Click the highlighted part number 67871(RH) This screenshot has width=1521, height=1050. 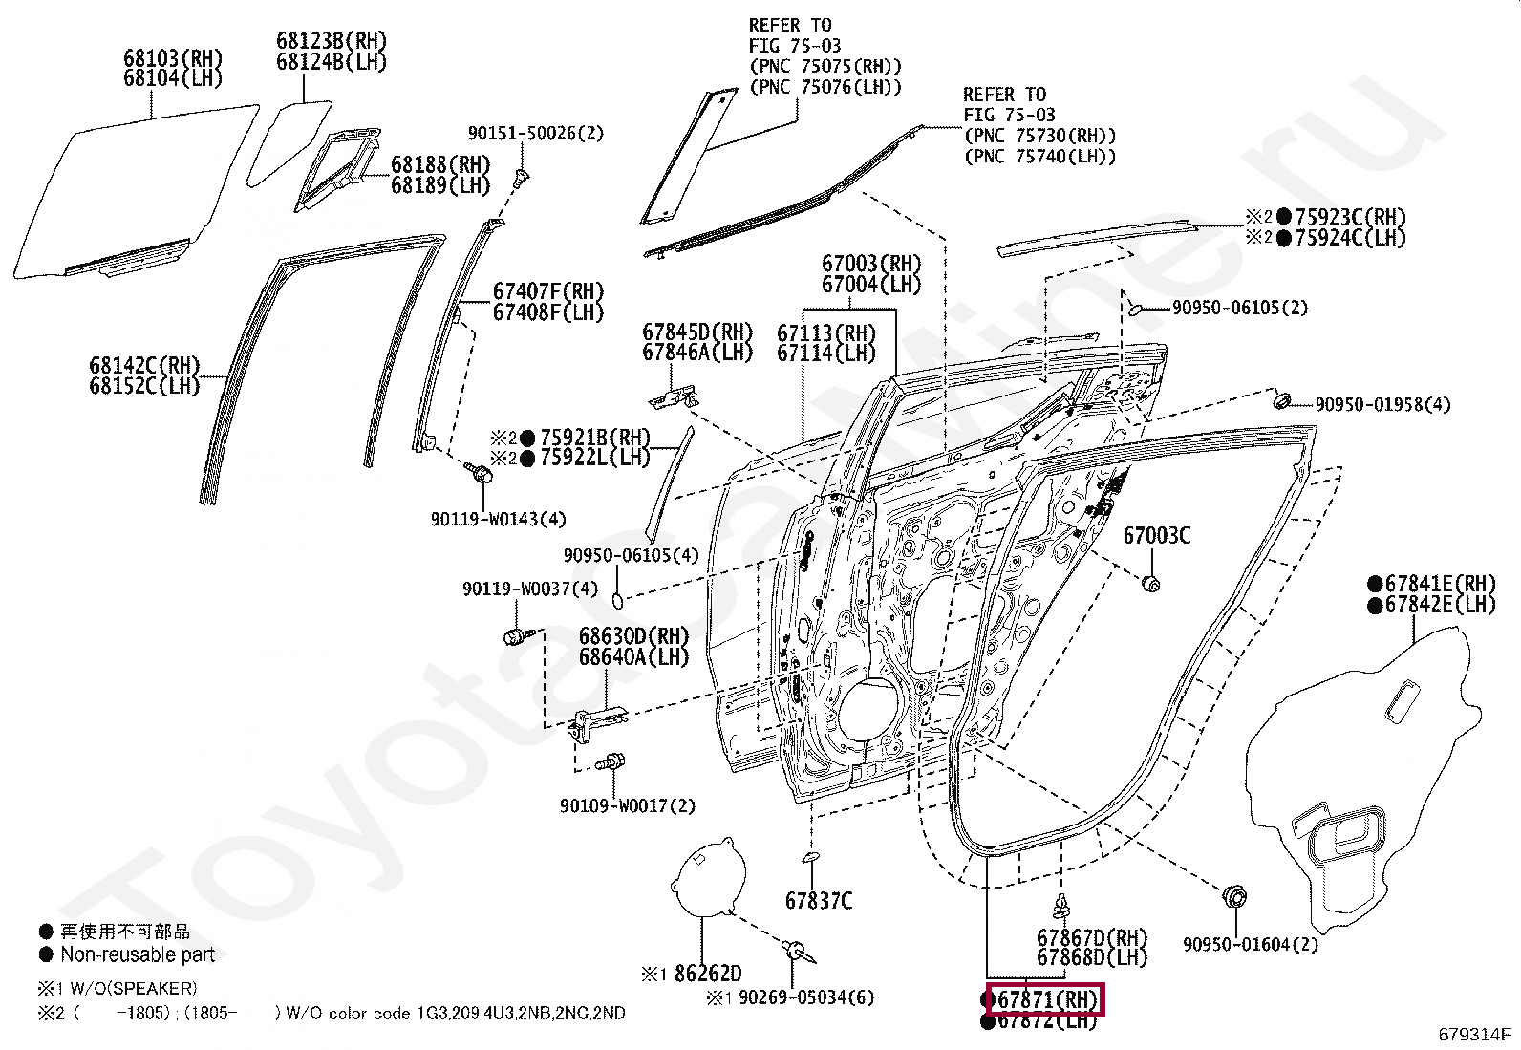point(1045,999)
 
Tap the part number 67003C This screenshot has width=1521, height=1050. point(1156,536)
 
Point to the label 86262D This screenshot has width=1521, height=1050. point(707,975)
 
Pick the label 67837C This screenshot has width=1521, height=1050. point(819,900)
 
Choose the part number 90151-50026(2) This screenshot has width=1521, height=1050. point(535,134)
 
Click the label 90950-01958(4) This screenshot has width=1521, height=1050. point(1382,405)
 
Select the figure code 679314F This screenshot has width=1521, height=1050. point(1476,1034)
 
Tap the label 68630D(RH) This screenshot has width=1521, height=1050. point(632,636)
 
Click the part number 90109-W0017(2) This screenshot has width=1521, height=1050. point(628,806)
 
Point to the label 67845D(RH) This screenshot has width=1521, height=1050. point(697,332)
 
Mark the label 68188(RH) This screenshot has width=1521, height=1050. point(439,165)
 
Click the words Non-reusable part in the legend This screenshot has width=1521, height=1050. point(138,954)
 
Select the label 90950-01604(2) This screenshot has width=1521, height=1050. point(1250,945)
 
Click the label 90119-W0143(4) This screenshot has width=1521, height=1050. point(498,520)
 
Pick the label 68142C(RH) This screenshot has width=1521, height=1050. point(144,365)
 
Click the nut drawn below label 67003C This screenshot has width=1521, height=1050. point(1151,583)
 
